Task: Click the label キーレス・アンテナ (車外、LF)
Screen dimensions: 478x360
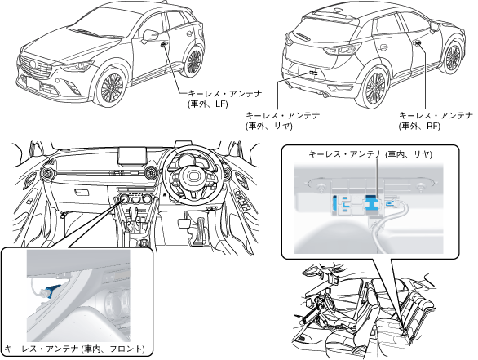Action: [225, 99]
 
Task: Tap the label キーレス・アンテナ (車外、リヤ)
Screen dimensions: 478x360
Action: [283, 121]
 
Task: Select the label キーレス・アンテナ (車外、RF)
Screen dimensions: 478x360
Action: [436, 121]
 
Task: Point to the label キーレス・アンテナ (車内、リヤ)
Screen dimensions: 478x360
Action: [370, 154]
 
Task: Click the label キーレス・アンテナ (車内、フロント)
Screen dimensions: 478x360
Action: [75, 349]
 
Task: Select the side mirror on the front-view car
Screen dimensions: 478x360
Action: [150, 35]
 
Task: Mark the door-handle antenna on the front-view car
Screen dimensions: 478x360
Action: [163, 44]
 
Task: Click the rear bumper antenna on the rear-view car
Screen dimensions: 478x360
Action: [313, 73]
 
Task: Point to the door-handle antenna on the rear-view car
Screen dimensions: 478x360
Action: [418, 43]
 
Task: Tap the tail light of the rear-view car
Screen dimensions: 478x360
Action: [342, 49]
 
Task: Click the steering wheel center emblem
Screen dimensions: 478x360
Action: [193, 176]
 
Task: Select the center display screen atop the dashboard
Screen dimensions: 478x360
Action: [132, 156]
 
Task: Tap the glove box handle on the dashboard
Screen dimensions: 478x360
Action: [82, 193]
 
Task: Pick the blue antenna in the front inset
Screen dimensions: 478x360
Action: [52, 289]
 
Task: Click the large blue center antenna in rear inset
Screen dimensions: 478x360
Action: [372, 202]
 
